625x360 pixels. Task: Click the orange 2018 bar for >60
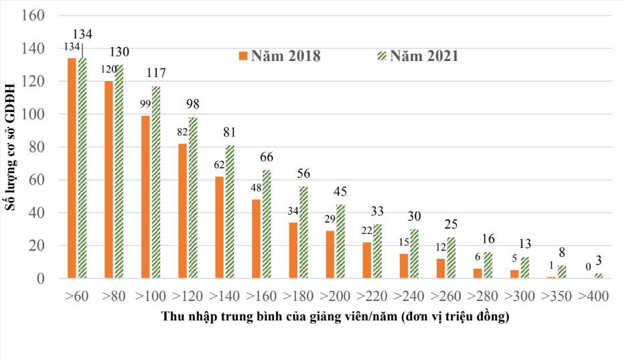coord(72,168)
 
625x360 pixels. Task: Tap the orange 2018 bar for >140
coord(219,227)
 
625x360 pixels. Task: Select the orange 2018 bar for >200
coord(330,255)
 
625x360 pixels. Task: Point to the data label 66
coord(267,157)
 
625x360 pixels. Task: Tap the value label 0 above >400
coord(587,267)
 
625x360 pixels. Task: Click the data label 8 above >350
coord(561,253)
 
